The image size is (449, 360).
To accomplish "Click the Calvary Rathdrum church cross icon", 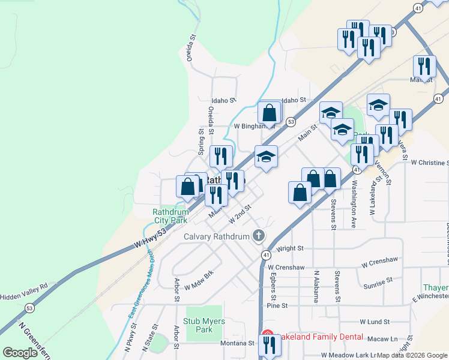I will tap(259, 235).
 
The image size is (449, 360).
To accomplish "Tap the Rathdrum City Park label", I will tap(170, 216).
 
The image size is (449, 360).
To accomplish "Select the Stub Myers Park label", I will tap(204, 325).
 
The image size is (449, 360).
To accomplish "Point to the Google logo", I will tap(20, 353).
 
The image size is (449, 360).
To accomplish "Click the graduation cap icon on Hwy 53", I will tap(266, 157).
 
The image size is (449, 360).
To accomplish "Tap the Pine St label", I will tap(277, 305).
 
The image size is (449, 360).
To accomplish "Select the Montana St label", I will tap(237, 343).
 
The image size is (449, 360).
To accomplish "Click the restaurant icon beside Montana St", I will tap(268, 345).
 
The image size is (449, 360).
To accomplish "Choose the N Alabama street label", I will tap(316, 286).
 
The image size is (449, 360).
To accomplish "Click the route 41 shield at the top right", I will tap(418, 7).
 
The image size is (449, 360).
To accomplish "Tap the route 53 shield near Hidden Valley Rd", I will tap(29, 308).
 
